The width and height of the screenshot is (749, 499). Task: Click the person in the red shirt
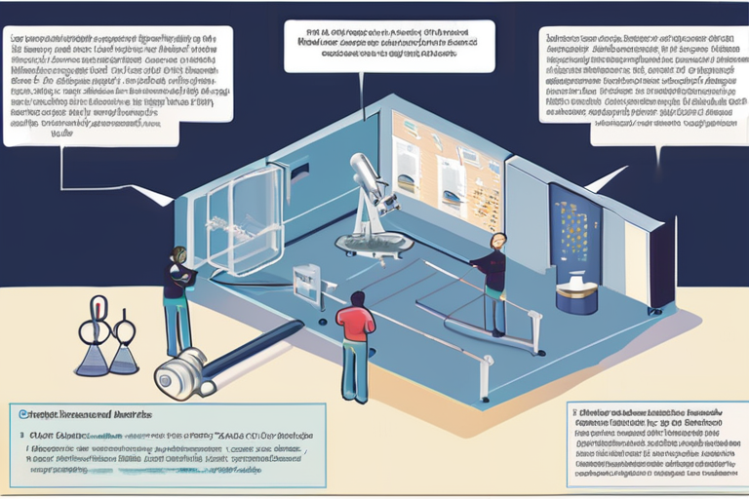355,346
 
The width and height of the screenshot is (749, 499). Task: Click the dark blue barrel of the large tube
254,348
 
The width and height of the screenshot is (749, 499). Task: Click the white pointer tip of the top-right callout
597,185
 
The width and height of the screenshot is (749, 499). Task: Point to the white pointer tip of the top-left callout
167,199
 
